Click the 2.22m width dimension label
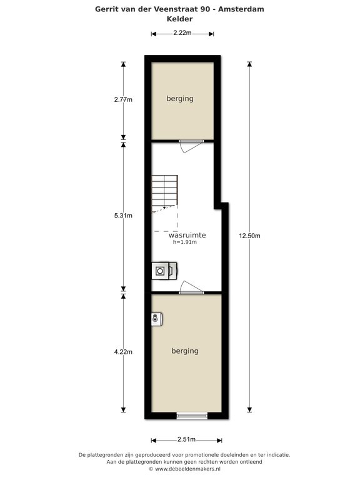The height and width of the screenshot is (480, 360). [182, 32]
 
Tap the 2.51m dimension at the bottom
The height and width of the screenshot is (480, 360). [186, 439]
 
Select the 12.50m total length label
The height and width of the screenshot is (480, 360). [249, 236]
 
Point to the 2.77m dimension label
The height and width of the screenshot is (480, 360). [123, 99]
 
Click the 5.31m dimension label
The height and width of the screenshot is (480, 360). [123, 216]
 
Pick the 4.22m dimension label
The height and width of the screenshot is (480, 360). [123, 352]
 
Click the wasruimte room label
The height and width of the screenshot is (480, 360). [187, 235]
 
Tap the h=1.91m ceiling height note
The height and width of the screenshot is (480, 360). [185, 242]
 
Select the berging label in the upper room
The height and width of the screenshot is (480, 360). [180, 99]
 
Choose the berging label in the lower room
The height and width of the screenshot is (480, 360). [185, 351]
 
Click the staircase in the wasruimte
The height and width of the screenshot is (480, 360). [165, 194]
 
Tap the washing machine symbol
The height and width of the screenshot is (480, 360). [164, 271]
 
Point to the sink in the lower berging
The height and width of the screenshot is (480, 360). [157, 319]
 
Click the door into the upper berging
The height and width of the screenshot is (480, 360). [191, 146]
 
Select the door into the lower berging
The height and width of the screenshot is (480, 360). [191, 287]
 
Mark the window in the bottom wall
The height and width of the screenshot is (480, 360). [192, 416]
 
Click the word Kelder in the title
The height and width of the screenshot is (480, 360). [180, 19]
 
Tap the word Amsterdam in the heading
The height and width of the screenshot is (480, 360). [241, 9]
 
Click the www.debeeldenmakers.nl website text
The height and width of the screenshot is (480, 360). [187, 469]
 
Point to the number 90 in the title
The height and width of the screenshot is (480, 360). [205, 9]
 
